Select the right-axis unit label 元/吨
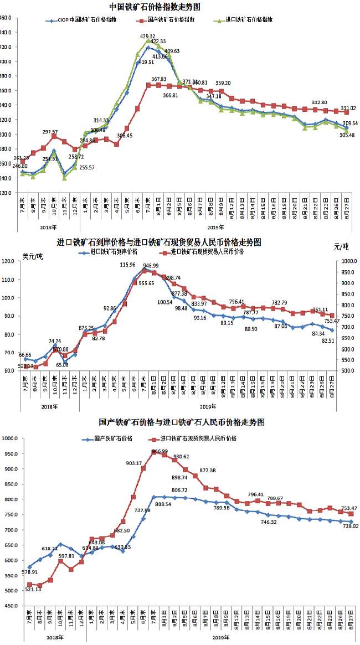(342, 246)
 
